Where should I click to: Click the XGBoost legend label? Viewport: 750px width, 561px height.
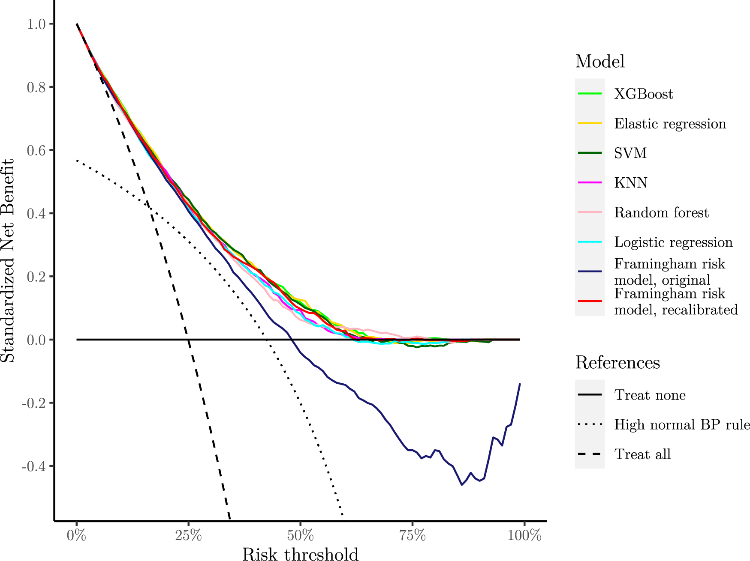643,94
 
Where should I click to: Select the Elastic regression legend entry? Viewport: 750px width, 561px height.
670,124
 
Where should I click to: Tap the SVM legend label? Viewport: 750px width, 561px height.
630,153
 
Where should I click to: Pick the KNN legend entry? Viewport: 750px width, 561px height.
630,183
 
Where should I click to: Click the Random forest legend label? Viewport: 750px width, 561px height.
661,212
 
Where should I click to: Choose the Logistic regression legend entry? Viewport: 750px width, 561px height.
673,242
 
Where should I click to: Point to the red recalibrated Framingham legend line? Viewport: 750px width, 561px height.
590,301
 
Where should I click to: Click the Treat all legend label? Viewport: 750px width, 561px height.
642,454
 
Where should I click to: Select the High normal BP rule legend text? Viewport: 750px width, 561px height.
682,425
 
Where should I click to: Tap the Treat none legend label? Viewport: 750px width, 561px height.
650,395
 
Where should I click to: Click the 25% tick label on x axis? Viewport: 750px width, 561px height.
188,536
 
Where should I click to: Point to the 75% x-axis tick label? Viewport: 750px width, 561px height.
412,536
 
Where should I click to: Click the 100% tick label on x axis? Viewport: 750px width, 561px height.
524,536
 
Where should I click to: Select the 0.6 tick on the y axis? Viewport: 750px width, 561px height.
36,150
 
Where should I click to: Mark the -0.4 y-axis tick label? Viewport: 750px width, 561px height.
34,466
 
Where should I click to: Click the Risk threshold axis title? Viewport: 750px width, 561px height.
300,554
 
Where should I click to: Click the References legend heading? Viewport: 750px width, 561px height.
617,363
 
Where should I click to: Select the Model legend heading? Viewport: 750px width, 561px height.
599,62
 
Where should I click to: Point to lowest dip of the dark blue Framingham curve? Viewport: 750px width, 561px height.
461,485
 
